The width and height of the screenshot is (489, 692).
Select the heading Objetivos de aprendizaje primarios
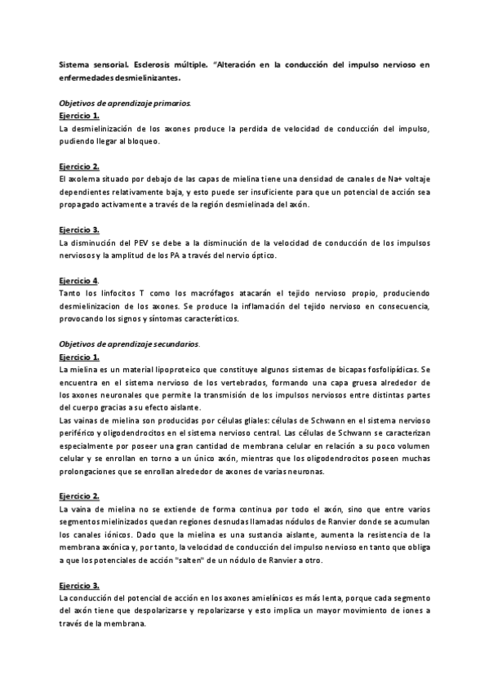pos(125,104)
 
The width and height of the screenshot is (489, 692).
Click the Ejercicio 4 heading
pos(79,281)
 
